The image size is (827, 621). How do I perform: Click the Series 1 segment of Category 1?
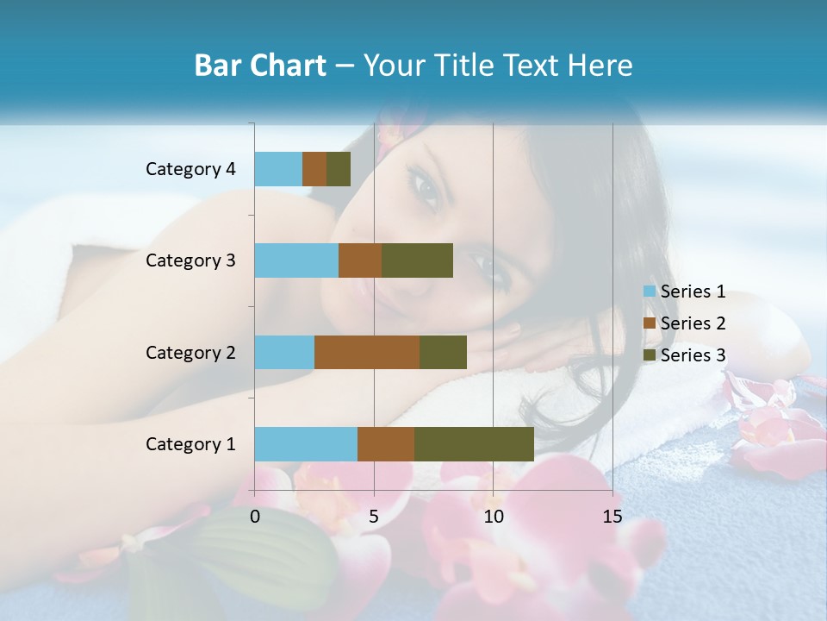click(306, 444)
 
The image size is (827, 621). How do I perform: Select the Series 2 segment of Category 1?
click(386, 444)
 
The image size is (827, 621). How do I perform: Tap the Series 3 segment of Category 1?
click(474, 444)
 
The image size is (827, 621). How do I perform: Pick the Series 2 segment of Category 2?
click(367, 352)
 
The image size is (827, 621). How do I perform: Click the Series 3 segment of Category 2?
click(443, 352)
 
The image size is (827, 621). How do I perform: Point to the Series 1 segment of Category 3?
click(296, 260)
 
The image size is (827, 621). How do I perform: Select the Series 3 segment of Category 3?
click(417, 260)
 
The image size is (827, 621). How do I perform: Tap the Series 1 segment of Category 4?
click(278, 169)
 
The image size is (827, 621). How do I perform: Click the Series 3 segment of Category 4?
click(339, 169)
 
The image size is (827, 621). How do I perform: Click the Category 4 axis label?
click(190, 169)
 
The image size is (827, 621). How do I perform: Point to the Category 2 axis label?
click(190, 352)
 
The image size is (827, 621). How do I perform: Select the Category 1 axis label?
click(190, 444)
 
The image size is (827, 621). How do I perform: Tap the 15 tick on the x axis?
click(612, 517)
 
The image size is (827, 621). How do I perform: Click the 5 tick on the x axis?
click(374, 517)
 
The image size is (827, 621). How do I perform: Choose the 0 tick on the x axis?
click(255, 517)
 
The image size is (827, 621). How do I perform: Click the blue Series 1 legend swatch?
click(650, 292)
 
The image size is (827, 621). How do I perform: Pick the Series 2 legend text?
click(693, 323)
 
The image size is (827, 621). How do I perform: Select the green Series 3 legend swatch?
click(650, 355)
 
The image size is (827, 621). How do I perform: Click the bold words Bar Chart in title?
click(259, 66)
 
